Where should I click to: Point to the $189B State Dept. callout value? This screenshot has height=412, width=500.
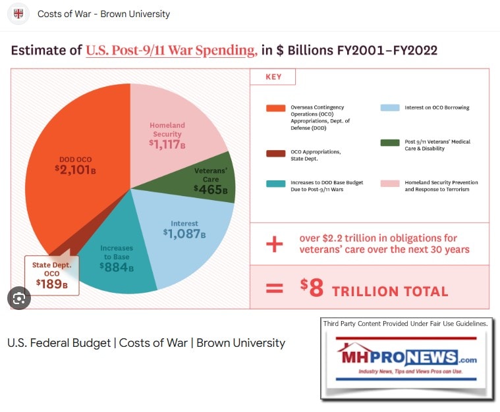click(x=51, y=284)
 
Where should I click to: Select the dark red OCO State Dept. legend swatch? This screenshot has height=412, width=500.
click(x=275, y=153)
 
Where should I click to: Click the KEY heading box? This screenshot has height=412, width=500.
click(x=273, y=77)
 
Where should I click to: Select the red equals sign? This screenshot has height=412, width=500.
click(x=274, y=289)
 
